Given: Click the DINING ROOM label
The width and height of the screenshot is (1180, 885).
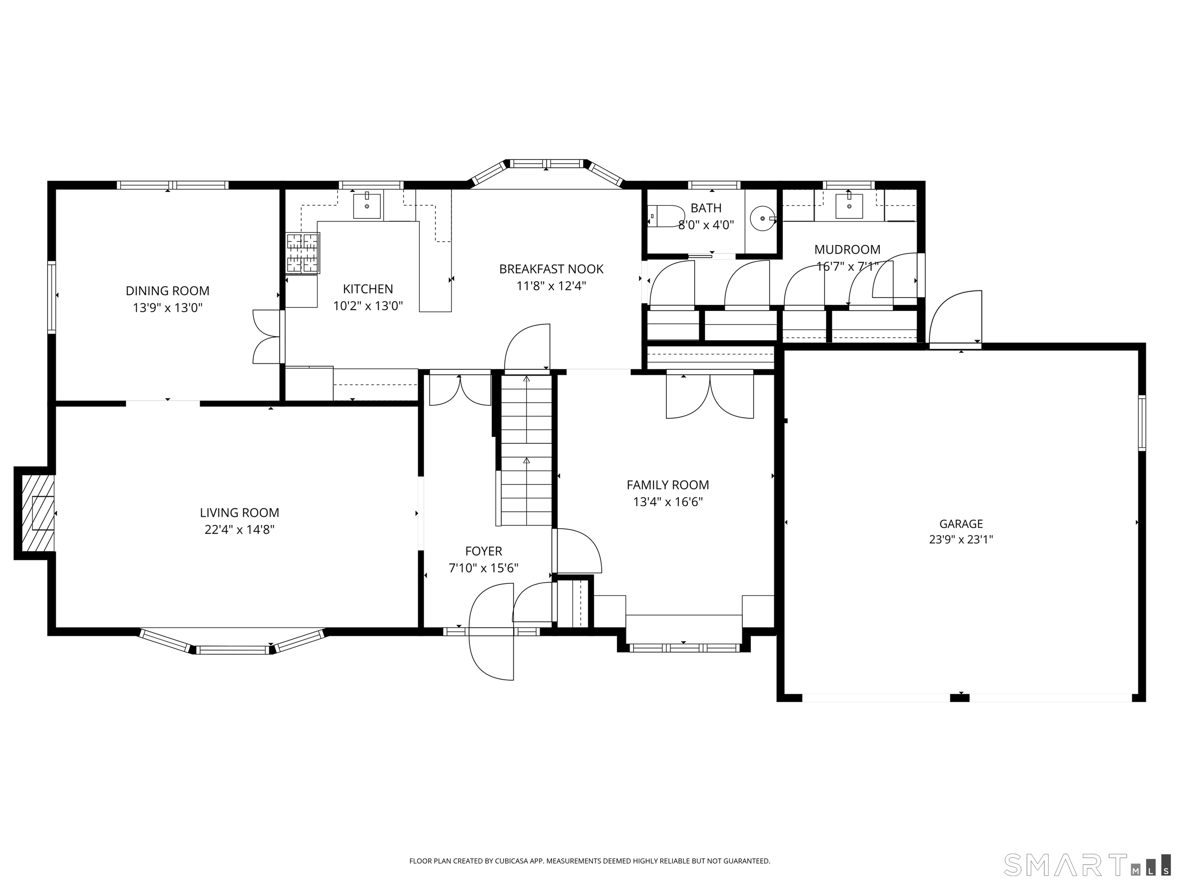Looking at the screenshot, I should (167, 291).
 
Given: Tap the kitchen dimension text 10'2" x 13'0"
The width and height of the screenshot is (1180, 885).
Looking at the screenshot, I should (368, 306).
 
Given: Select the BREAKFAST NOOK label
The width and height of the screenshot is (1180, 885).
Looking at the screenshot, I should (551, 269).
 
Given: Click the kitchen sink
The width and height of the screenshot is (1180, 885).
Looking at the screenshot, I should (367, 206).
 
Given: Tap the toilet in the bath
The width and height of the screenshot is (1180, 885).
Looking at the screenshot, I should (665, 216).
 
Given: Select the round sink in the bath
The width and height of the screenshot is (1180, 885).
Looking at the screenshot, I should (762, 218).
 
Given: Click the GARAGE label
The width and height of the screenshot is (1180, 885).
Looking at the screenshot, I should (961, 524).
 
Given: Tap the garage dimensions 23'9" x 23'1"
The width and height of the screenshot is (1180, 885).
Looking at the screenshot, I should (961, 539).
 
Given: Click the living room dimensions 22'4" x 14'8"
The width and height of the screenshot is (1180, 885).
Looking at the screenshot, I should (240, 530).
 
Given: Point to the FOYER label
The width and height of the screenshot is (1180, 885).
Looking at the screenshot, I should (483, 551).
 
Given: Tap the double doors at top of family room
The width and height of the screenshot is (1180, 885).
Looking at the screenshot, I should (709, 396).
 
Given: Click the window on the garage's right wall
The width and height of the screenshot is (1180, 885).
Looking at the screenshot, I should (1142, 423).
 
